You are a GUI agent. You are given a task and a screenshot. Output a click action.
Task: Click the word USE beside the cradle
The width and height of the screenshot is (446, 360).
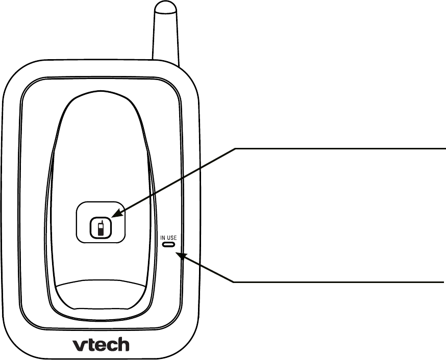[171, 237]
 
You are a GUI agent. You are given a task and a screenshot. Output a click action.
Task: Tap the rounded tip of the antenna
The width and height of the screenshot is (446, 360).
[166, 10]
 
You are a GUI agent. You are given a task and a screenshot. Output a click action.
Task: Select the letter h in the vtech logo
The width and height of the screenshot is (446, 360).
[121, 344]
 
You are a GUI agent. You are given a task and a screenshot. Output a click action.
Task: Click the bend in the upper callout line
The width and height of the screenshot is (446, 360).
[236, 148]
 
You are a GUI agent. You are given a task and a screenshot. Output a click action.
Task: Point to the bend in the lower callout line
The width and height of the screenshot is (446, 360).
[234, 281]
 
